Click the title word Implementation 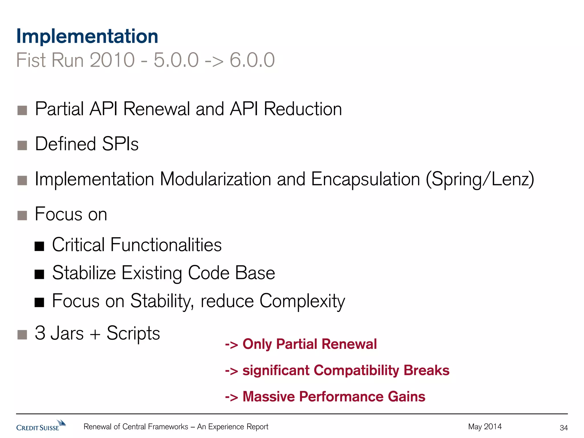87,36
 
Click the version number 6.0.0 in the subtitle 252,60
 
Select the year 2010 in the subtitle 112,60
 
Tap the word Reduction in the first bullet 303,109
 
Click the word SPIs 120,144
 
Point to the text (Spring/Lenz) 480,179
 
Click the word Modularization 215,179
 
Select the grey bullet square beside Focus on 22,215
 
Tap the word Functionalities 166,245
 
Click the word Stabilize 84,273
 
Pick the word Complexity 302,301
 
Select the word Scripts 133,333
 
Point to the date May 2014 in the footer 484,427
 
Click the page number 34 563,428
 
